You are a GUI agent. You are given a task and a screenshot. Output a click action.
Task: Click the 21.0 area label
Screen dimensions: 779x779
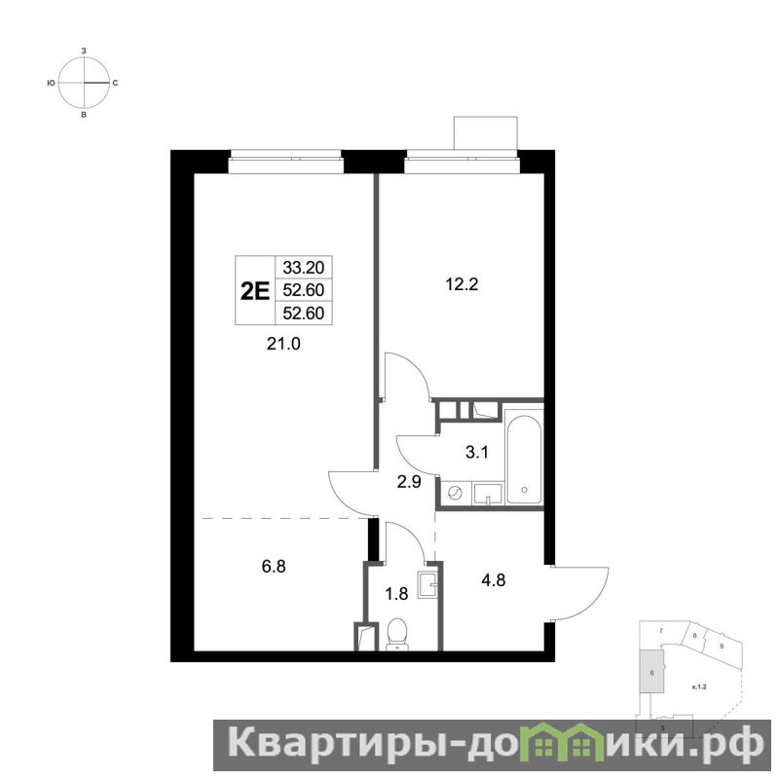283,344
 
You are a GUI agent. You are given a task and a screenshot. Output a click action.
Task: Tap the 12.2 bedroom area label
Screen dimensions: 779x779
462,284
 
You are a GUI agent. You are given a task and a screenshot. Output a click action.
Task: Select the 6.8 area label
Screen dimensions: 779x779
274,567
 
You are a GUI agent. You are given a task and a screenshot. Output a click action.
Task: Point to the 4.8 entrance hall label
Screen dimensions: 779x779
494,579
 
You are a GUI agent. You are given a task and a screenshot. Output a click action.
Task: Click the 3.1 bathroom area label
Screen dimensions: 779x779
476,453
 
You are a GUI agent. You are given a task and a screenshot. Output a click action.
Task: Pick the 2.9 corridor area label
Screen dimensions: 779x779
409,482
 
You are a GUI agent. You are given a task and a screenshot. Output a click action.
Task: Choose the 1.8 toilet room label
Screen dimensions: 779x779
396,593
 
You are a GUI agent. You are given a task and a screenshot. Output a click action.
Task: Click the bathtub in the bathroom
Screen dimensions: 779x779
524,457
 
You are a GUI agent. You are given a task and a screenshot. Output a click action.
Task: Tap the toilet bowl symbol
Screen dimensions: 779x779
396,634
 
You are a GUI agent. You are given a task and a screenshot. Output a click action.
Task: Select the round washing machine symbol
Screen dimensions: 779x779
455,493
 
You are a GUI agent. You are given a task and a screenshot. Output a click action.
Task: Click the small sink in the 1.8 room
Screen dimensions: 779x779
427,585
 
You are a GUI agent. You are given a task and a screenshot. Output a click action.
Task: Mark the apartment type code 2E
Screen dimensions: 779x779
255,291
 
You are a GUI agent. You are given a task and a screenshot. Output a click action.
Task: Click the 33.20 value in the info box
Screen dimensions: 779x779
304,267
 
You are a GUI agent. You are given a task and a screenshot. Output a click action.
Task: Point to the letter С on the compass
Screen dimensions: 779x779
115,83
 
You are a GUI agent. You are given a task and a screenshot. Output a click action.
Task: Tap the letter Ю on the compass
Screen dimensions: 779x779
51,83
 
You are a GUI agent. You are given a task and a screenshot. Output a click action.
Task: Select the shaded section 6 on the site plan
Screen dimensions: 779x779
651,672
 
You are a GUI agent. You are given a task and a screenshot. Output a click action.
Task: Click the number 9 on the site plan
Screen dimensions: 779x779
722,646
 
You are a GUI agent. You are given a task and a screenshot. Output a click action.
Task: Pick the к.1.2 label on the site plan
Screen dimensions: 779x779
699,687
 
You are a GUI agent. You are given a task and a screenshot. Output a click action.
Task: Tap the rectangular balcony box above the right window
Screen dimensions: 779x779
485,133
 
